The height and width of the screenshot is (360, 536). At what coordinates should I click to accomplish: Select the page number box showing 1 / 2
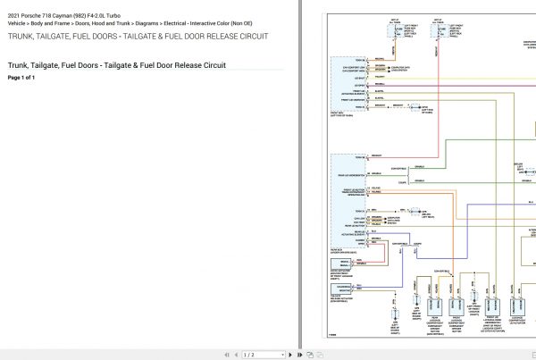(x=260, y=355)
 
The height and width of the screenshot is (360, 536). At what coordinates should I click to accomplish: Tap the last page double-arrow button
(x=299, y=355)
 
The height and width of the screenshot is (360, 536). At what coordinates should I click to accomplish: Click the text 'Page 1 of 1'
(x=21, y=78)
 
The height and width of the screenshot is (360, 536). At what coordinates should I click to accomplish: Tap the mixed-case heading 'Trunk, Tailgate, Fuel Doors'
(x=63, y=65)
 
